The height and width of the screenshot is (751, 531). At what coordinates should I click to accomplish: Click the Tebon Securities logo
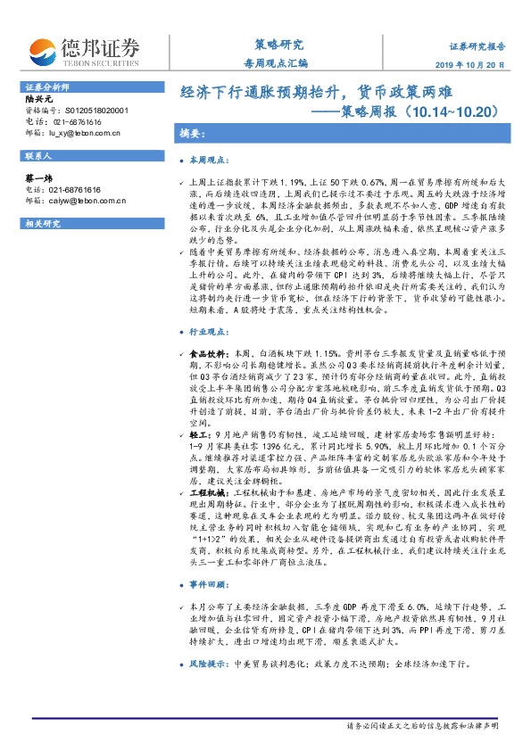tap(84, 49)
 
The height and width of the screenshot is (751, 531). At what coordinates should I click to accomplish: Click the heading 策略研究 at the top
tap(273, 45)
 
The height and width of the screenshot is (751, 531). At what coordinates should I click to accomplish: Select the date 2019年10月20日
tap(476, 65)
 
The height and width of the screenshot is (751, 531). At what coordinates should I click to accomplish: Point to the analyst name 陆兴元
tap(38, 100)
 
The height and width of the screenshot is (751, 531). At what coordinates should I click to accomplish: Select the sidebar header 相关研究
tap(39, 223)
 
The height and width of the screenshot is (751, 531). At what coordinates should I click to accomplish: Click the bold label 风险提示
tap(208, 664)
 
